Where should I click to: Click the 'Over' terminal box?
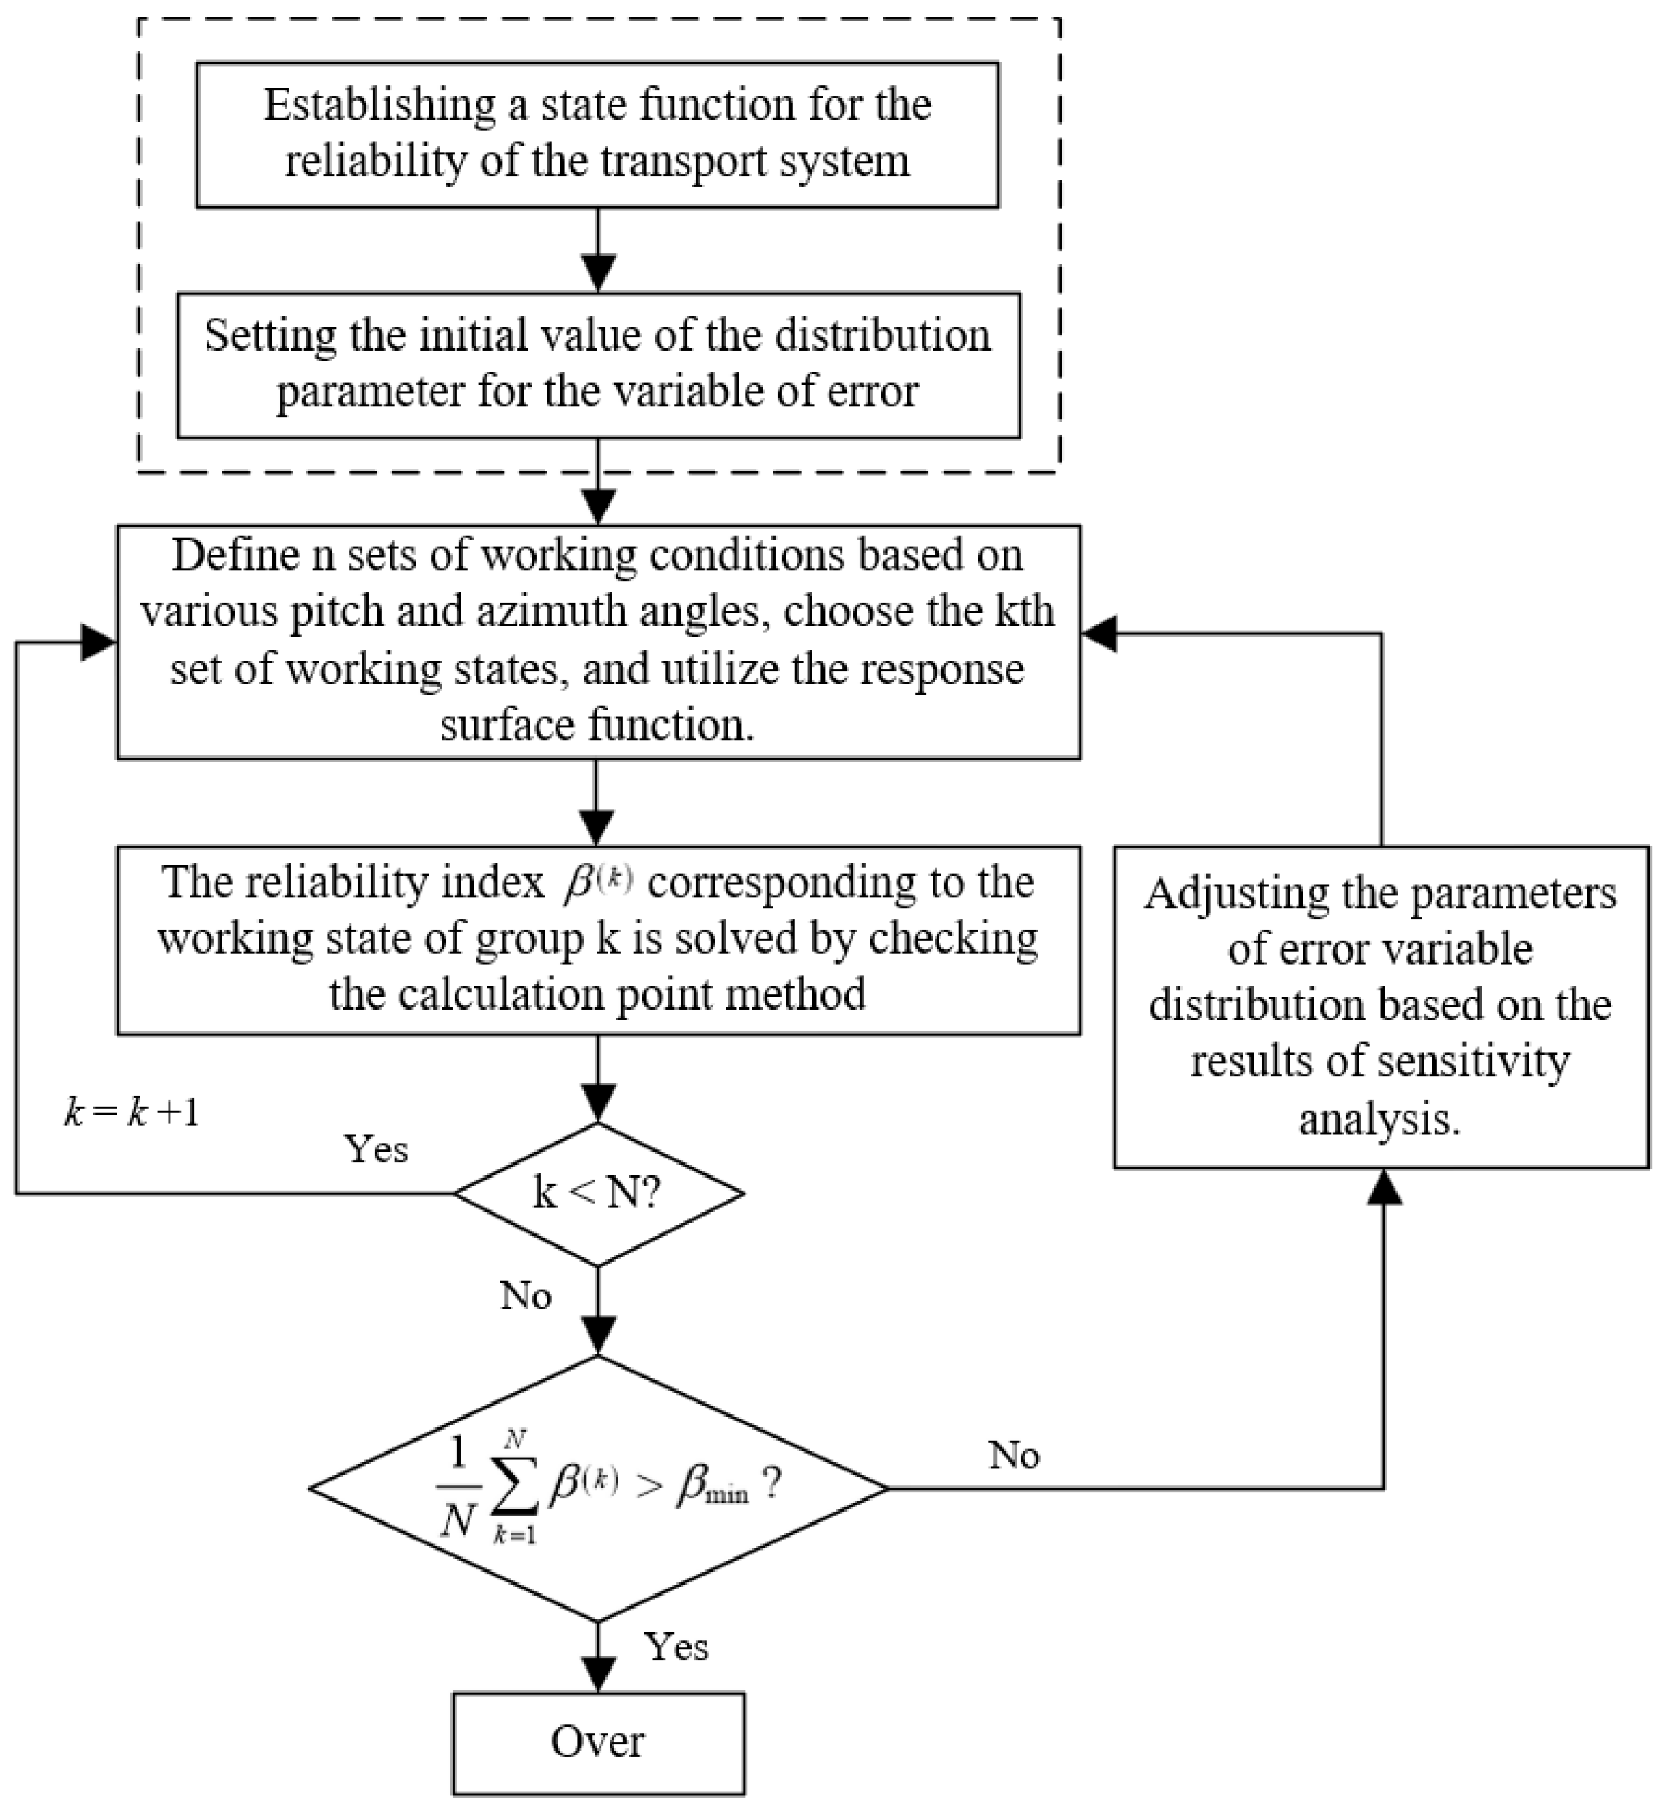[x=598, y=1743]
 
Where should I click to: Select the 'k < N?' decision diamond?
[x=598, y=1194]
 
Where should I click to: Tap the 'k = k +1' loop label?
[x=132, y=1112]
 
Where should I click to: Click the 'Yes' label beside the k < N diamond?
[x=376, y=1149]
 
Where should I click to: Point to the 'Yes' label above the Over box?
[x=676, y=1648]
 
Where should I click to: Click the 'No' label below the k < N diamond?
[x=526, y=1296]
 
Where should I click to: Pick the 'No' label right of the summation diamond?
[x=1014, y=1455]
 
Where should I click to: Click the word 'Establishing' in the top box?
[x=379, y=106]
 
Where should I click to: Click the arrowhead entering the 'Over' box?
[x=598, y=1676]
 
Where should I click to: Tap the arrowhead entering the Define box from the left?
[x=99, y=642]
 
